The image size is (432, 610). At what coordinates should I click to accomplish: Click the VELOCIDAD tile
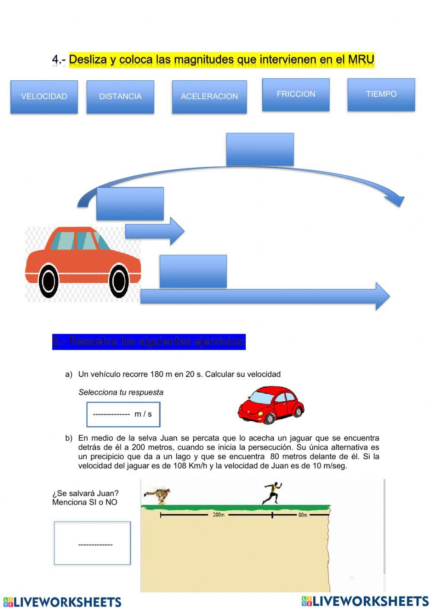(44, 97)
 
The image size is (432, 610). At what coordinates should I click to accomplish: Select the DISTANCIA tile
(120, 97)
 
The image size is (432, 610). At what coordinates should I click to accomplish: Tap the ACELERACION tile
(209, 97)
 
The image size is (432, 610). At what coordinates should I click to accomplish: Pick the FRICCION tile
(295, 94)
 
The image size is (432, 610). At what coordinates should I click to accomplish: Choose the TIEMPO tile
(381, 94)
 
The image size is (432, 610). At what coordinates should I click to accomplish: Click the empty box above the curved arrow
(260, 149)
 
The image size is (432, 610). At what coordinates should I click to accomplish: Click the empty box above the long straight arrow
(193, 271)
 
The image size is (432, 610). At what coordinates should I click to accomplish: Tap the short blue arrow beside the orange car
(155, 231)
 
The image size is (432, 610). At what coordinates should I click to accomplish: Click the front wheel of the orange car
(119, 281)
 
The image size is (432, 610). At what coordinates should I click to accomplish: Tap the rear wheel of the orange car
(48, 281)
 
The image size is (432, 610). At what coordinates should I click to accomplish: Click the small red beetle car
(270, 405)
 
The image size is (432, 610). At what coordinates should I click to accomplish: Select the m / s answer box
(123, 414)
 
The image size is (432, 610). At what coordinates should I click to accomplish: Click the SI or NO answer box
(92, 543)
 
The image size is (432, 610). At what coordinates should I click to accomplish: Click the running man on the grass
(272, 493)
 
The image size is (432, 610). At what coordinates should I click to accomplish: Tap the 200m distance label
(219, 515)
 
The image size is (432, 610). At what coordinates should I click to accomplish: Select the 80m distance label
(302, 515)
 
